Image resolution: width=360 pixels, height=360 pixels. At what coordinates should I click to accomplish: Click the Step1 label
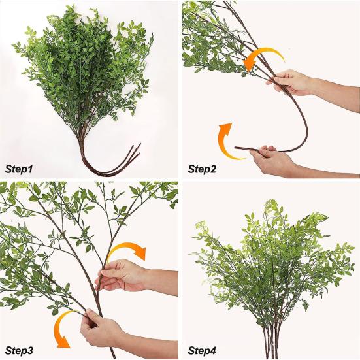[x=19, y=169]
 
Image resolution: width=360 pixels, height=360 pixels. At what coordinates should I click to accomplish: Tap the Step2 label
[x=202, y=169]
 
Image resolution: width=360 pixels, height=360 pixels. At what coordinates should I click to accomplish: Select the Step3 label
[x=19, y=351]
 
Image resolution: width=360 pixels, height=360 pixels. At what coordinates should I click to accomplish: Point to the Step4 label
[x=202, y=351]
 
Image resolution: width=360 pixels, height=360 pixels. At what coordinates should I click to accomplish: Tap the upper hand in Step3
[x=122, y=275]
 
